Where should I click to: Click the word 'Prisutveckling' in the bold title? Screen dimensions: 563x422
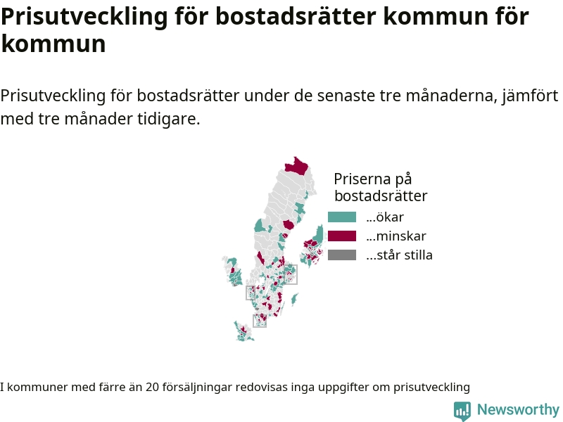(84, 17)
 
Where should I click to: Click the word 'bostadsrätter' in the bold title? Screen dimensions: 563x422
(296, 16)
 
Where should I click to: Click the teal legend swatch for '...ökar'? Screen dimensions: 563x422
(342, 217)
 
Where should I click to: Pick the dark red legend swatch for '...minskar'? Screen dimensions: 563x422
(342, 236)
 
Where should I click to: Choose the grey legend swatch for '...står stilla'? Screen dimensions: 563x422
(342, 255)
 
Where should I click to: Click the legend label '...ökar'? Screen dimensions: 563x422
(385, 217)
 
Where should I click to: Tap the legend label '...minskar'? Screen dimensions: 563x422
(396, 236)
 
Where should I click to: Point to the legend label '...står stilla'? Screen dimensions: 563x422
(399, 255)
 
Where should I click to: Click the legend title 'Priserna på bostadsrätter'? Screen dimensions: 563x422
(381, 187)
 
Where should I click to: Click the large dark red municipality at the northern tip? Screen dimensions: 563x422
(297, 166)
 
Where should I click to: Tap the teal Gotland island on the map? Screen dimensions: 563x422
(294, 299)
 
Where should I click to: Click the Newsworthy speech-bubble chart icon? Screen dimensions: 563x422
(462, 411)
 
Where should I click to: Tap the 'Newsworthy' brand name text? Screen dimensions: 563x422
(518, 409)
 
